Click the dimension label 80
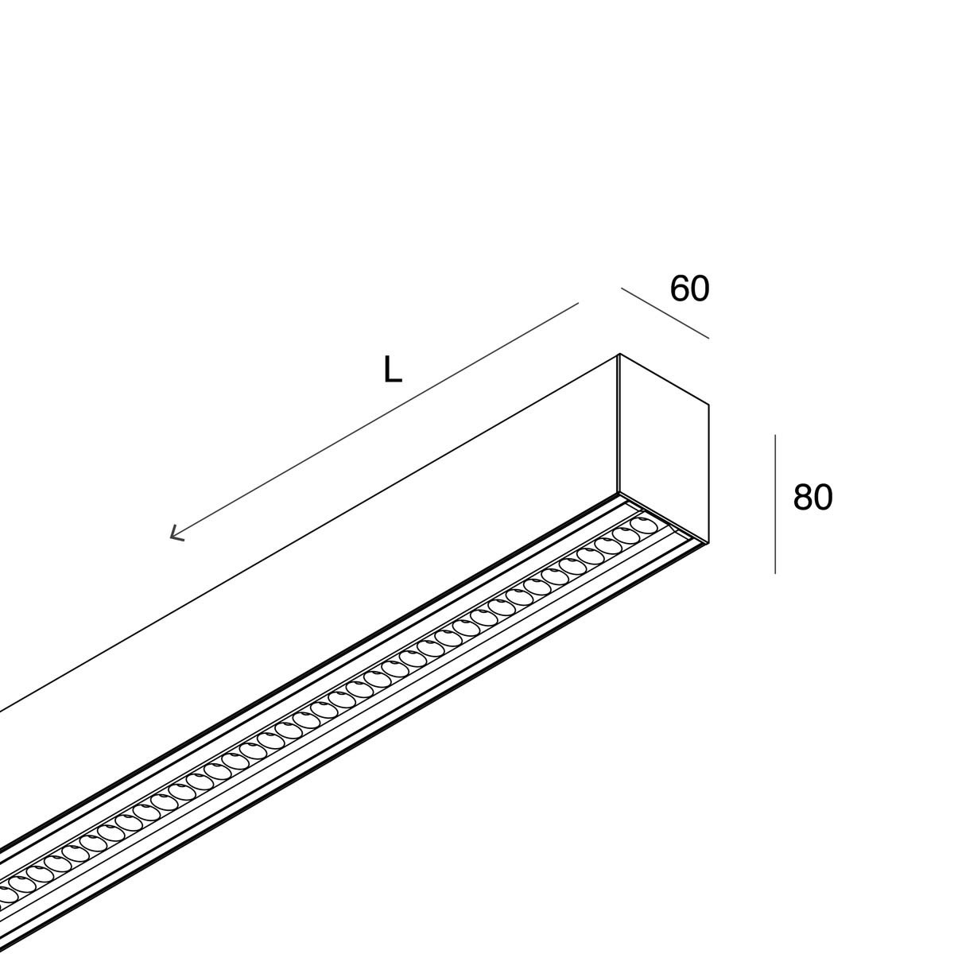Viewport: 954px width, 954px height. pos(813,497)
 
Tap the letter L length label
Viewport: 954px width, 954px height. pos(393,370)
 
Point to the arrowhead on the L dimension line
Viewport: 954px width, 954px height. pos(176,533)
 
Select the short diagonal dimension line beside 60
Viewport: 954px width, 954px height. pos(665,313)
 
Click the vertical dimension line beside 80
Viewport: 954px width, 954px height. pos(775,505)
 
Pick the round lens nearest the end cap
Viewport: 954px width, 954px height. pos(641,525)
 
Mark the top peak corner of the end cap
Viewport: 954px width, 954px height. pos(619,354)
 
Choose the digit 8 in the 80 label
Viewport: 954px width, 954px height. pos(803,497)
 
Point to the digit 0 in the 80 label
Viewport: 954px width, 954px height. pos(824,497)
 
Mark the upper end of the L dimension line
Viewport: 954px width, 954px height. pos(578,304)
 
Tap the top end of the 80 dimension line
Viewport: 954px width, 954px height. pos(775,435)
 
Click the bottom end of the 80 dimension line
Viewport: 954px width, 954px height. pos(775,574)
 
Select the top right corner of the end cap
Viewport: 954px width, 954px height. pos(708,405)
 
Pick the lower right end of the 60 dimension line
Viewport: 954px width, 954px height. pos(708,339)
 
